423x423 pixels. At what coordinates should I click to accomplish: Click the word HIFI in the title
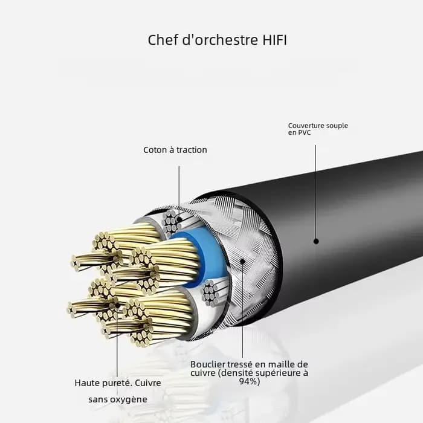(274, 40)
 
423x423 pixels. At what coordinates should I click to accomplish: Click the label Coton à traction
(175, 150)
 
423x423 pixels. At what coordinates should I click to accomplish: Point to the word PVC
(303, 132)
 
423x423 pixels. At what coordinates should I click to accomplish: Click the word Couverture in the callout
(306, 126)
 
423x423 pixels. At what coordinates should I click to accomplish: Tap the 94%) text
(250, 381)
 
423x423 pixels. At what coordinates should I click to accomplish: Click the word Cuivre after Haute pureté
(148, 383)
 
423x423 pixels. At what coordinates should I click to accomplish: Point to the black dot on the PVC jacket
(316, 241)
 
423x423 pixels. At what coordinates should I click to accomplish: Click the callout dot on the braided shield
(242, 261)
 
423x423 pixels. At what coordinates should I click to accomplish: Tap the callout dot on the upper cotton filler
(179, 219)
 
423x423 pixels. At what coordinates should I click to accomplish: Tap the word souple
(337, 126)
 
